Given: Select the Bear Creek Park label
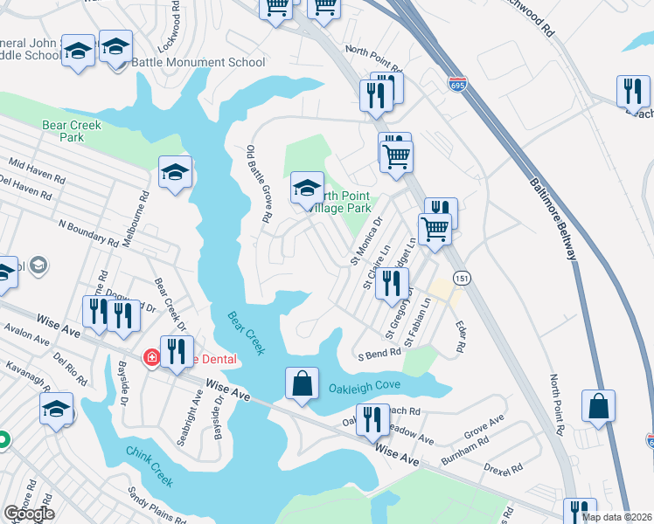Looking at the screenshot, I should click(x=72, y=131).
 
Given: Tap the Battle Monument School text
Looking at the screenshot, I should click(x=198, y=63).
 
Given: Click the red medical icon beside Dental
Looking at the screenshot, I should click(x=150, y=357).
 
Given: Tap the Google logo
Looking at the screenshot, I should click(x=29, y=514).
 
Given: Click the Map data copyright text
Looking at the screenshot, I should click(x=618, y=516).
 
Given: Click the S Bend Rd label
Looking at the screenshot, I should click(x=378, y=354).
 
